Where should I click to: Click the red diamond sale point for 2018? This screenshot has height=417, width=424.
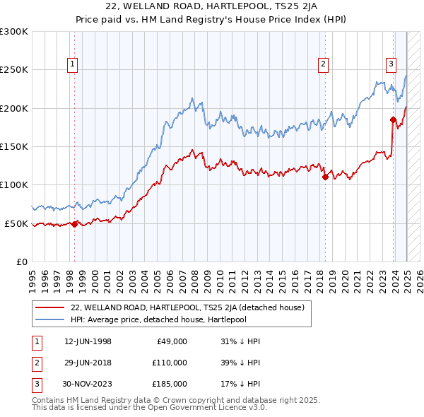coord(325,177)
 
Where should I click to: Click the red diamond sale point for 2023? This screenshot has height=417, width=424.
coord(393,119)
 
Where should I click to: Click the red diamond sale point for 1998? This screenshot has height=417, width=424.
coord(75,224)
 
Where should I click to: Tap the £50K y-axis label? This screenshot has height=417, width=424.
coord(16,223)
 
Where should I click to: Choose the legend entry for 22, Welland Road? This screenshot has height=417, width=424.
coord(187,307)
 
